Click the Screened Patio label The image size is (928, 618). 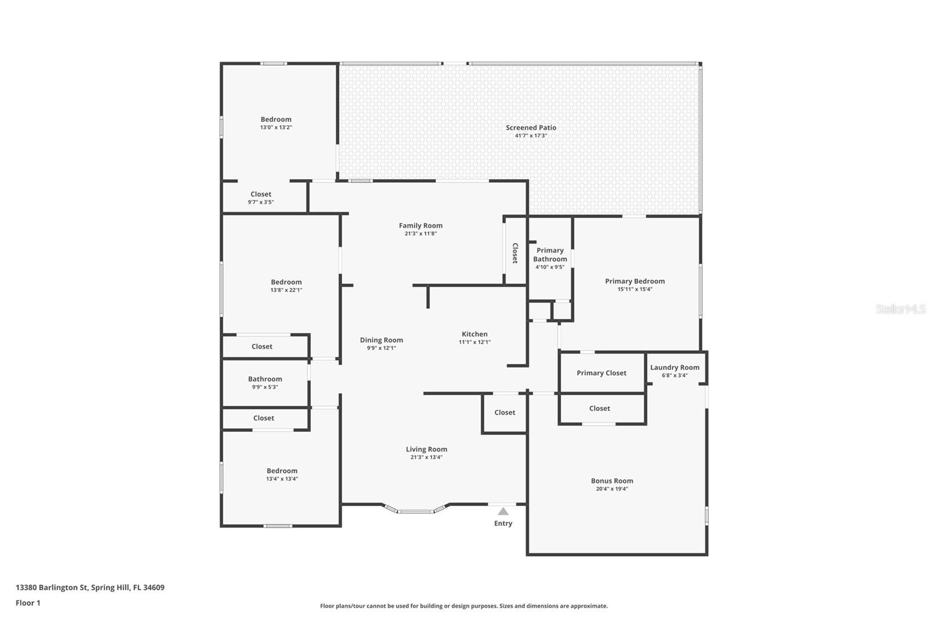(531, 128)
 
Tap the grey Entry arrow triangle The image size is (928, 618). (503, 511)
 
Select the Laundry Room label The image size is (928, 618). (675, 367)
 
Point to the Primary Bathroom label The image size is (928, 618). (550, 255)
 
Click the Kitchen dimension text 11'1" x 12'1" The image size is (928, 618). (474, 342)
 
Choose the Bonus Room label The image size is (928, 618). (612, 481)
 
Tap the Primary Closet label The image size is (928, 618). (601, 373)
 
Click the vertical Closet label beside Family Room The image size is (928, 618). (515, 253)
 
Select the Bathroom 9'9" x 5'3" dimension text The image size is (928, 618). (265, 387)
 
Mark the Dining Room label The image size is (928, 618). (381, 340)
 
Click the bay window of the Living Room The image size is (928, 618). (416, 511)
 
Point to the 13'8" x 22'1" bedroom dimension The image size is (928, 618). (286, 290)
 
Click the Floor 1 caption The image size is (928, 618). (28, 603)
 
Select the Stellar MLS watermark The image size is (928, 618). (900, 309)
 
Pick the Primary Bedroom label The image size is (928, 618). (635, 281)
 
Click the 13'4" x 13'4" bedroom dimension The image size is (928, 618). (282, 479)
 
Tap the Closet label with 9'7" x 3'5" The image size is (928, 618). (261, 194)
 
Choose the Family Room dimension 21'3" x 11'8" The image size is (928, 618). (420, 234)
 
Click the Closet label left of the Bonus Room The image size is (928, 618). (505, 412)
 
